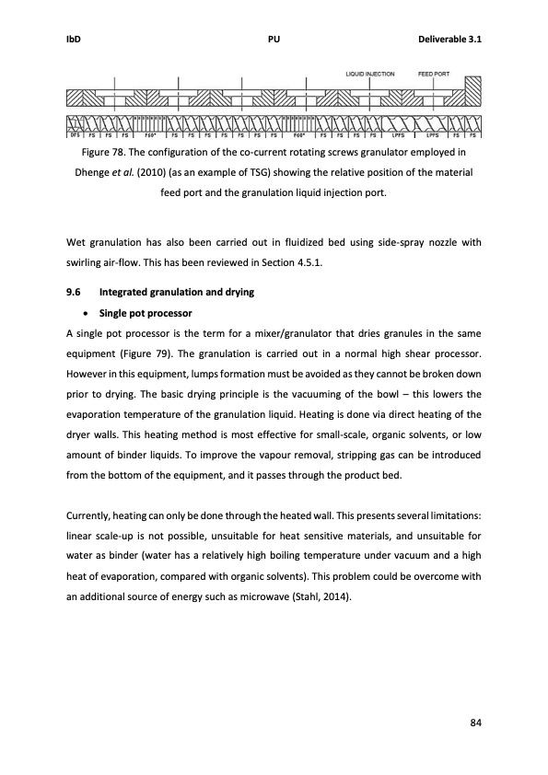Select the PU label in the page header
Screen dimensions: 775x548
(x=274, y=39)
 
